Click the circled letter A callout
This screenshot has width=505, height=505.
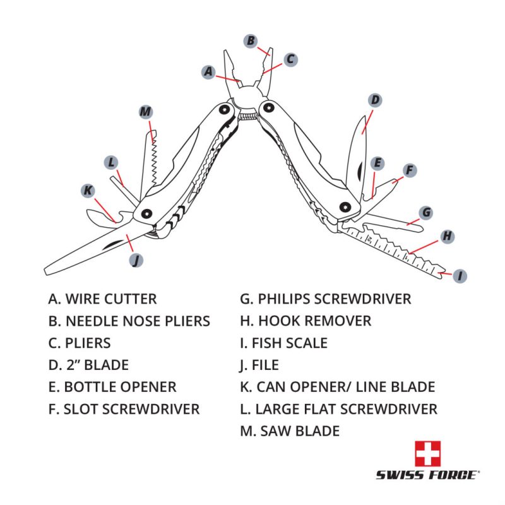pyautogui.click(x=209, y=71)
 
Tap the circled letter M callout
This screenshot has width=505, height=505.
pyautogui.click(x=146, y=112)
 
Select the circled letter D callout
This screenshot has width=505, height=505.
pyautogui.click(x=375, y=100)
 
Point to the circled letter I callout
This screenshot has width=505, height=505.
pyautogui.click(x=461, y=276)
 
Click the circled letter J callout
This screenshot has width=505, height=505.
pyautogui.click(x=134, y=259)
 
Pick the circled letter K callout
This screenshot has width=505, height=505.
pyautogui.click(x=88, y=190)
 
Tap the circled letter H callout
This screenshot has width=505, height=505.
pyautogui.click(x=447, y=236)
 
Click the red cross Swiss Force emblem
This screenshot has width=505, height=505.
pyautogui.click(x=427, y=453)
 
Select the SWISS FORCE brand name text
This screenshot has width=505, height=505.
pyautogui.click(x=427, y=475)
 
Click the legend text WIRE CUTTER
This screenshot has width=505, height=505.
pyautogui.click(x=102, y=299)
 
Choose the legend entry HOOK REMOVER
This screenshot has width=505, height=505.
pyautogui.click(x=306, y=321)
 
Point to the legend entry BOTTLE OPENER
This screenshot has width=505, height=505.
pyautogui.click(x=112, y=387)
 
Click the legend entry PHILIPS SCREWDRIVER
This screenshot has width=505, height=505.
pyautogui.click(x=325, y=299)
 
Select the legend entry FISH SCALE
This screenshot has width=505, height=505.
pyautogui.click(x=283, y=343)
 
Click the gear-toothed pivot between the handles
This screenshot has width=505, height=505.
pyautogui.click(x=248, y=116)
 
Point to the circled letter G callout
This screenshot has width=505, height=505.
pyautogui.click(x=426, y=213)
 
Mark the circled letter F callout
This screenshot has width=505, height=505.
pyautogui.click(x=410, y=170)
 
